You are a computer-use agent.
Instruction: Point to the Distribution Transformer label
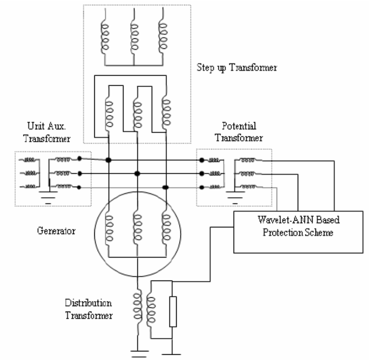point(89,309)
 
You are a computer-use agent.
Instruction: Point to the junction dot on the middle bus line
point(137,173)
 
